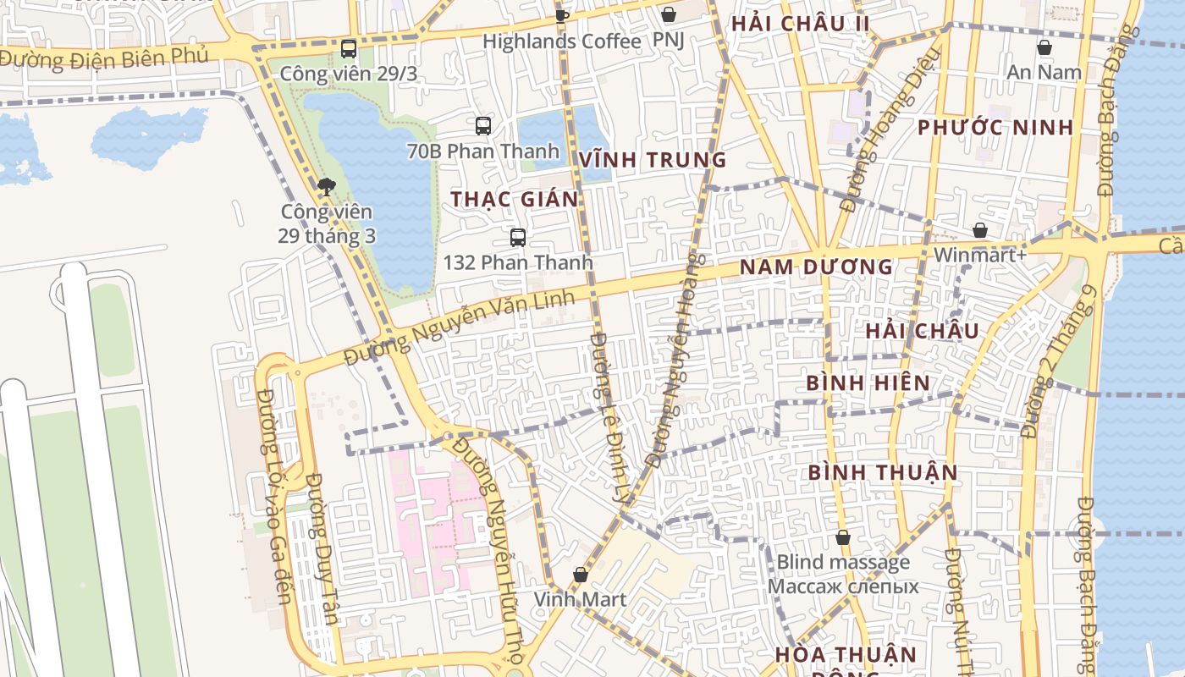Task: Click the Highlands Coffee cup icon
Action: (x=561, y=14)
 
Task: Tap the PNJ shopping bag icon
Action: (x=669, y=14)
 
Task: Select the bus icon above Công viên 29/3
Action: (x=349, y=49)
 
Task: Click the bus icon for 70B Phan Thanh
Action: (x=483, y=126)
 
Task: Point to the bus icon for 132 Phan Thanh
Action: (x=518, y=238)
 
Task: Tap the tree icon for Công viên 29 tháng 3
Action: (x=326, y=187)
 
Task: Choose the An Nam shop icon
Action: (x=1044, y=47)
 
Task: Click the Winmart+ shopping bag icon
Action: (x=979, y=230)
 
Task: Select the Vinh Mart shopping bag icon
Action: (x=580, y=575)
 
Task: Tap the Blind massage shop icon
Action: (x=843, y=537)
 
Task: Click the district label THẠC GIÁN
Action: (x=515, y=200)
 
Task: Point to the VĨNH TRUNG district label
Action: (x=653, y=160)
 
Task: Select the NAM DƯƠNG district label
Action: (x=816, y=267)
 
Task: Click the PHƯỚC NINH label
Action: (x=995, y=128)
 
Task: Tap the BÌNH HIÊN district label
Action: (x=868, y=383)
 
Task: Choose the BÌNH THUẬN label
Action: (x=883, y=472)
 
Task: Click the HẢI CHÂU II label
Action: (x=800, y=24)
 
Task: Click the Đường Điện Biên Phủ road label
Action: (x=103, y=58)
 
